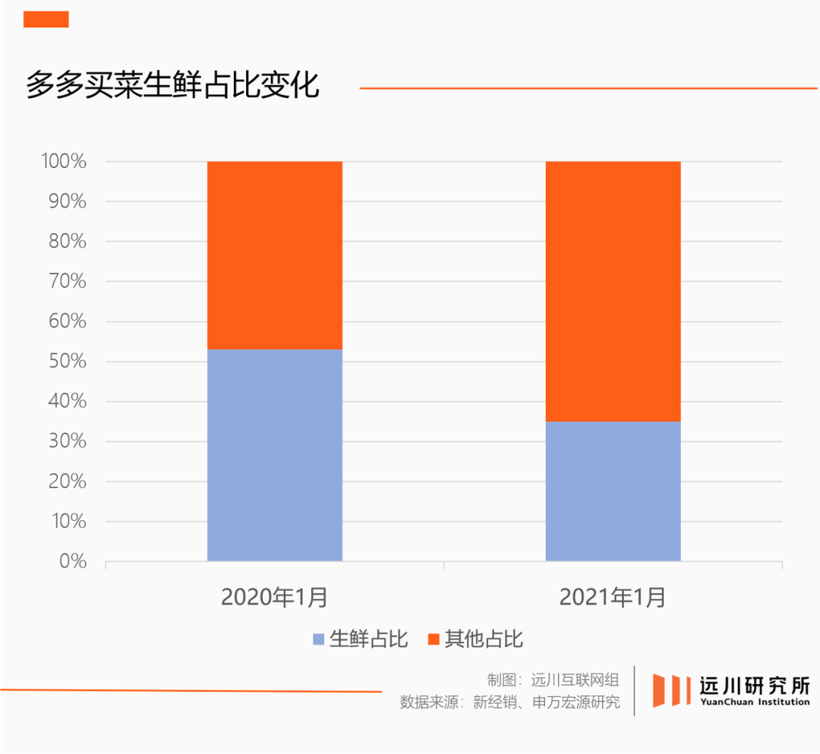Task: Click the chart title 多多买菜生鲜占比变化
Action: click(x=172, y=85)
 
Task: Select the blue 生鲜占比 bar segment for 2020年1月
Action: click(x=274, y=455)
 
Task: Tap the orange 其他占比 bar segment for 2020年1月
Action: click(x=274, y=255)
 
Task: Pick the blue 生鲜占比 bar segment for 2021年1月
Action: click(x=613, y=491)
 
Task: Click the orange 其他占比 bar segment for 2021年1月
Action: click(x=613, y=291)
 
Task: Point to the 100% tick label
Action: click(x=63, y=162)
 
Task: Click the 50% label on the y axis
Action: click(x=67, y=361)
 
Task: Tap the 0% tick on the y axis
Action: click(x=72, y=562)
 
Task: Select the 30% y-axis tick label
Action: click(x=67, y=442)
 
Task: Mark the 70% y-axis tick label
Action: click(x=67, y=282)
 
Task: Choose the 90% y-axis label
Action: click(x=67, y=202)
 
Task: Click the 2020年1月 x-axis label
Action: click(x=274, y=598)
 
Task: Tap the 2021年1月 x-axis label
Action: click(x=613, y=598)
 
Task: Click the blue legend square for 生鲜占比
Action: click(x=319, y=639)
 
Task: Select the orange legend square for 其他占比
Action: click(x=434, y=639)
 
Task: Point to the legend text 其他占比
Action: click(x=484, y=639)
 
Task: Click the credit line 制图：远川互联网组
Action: click(x=553, y=680)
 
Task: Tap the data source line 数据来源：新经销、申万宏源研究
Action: click(x=509, y=702)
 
